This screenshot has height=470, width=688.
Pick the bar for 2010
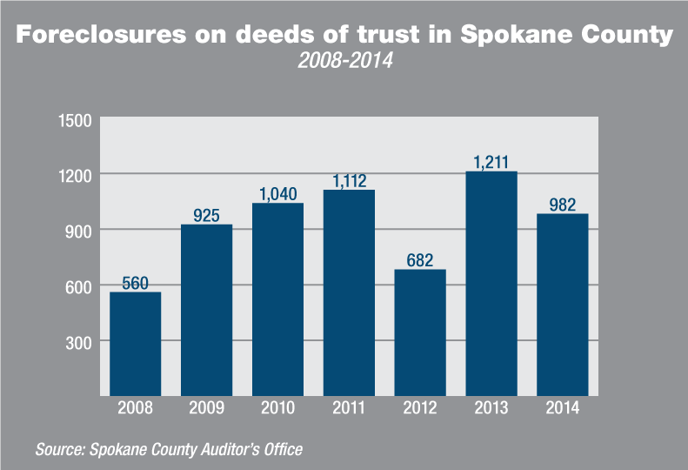tap(277, 299)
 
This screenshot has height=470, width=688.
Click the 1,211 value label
tap(491, 162)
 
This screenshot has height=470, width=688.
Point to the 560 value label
tap(135, 282)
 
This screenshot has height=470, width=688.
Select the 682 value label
tap(420, 259)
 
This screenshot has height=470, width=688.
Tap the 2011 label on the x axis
tap(349, 409)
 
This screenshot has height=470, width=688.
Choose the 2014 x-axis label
tap(563, 409)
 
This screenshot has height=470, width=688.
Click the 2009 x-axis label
tap(206, 409)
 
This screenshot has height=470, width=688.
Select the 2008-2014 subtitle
tap(344, 62)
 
